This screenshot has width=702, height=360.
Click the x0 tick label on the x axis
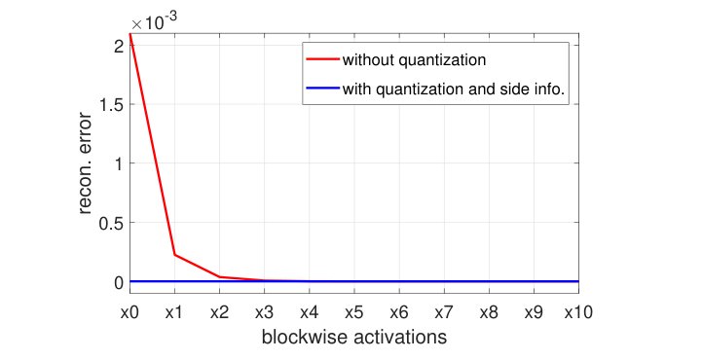(129, 314)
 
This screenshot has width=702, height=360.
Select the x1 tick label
(174, 314)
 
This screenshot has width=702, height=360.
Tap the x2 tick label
(219, 314)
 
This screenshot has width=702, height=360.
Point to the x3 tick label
(265, 314)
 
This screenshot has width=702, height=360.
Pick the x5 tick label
(354, 314)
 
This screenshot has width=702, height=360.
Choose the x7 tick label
(444, 314)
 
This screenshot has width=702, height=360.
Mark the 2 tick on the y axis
(117, 45)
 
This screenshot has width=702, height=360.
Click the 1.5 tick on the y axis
(110, 104)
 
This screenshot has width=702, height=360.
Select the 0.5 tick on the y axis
(110, 223)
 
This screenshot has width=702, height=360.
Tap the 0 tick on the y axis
(117, 282)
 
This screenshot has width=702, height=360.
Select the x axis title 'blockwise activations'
(354, 339)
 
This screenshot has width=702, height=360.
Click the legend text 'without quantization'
(414, 60)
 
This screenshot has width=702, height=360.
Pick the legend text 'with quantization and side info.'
(454, 90)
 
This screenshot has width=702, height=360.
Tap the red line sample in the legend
(321, 60)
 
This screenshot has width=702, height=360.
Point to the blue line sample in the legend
(321, 90)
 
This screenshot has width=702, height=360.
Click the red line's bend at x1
(174, 255)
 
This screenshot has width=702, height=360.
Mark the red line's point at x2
(219, 277)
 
